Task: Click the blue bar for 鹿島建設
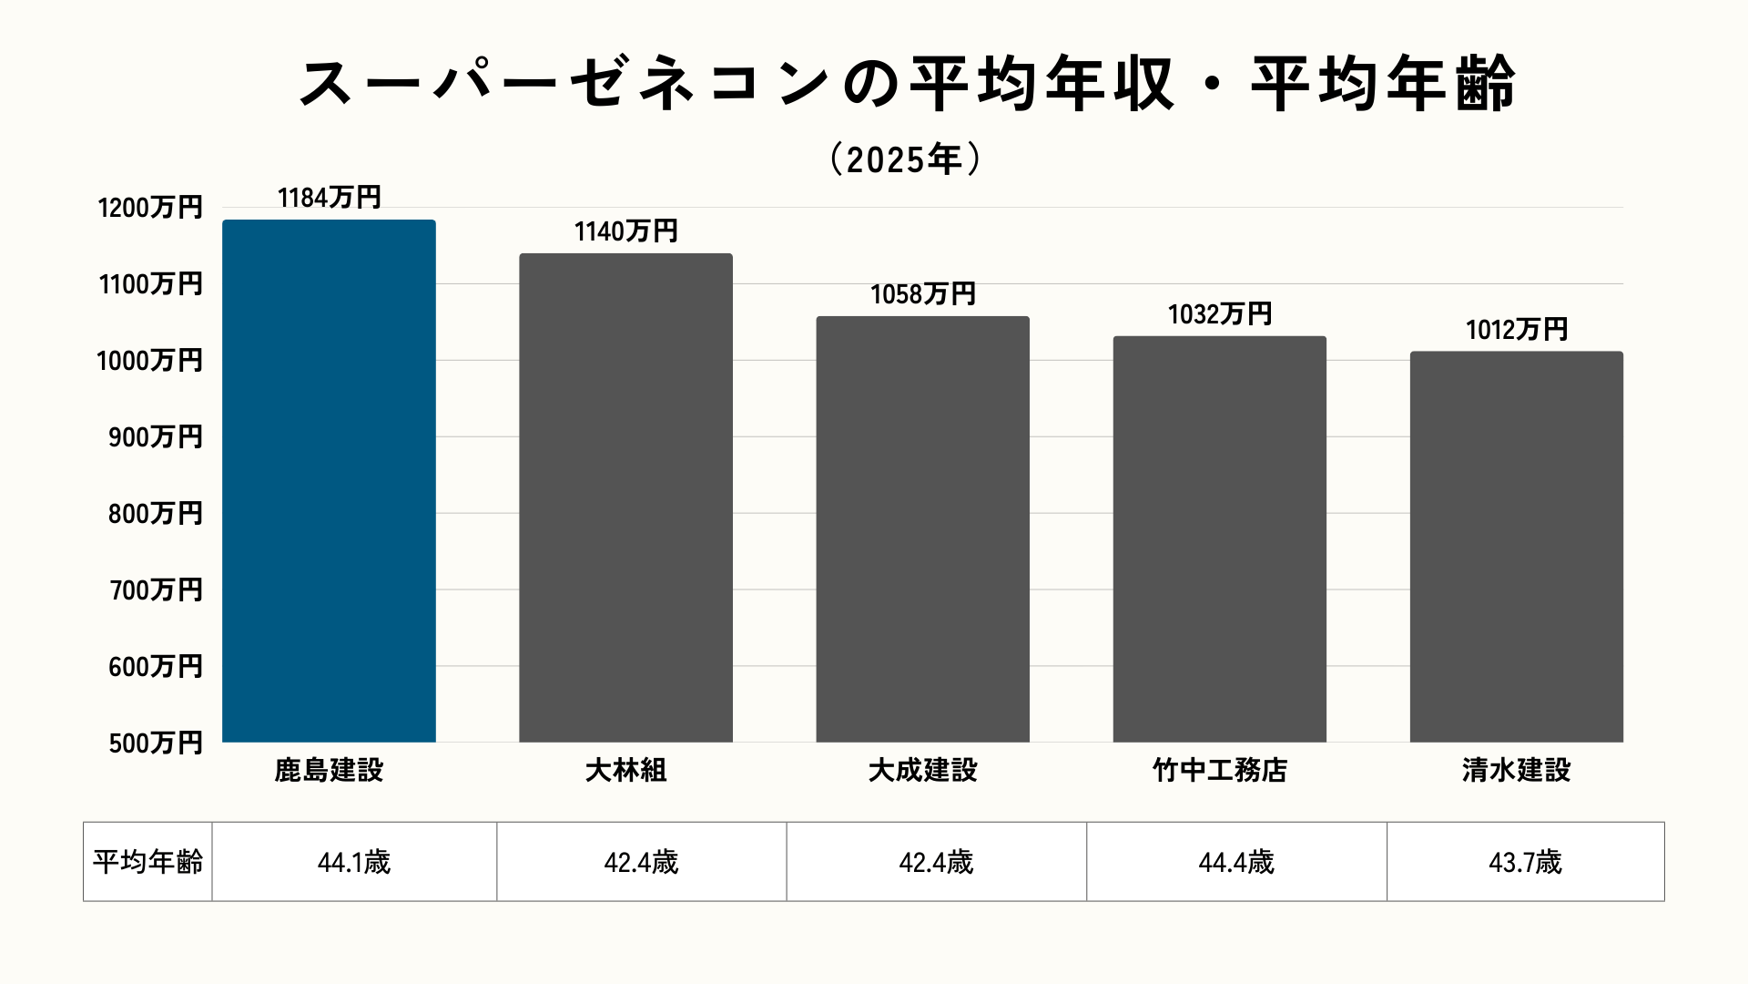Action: [329, 481]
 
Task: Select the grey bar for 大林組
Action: [625, 497]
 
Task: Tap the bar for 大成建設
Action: [922, 529]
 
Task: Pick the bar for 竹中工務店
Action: [1219, 539]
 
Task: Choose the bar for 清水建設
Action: [1516, 547]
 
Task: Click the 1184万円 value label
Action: [329, 198]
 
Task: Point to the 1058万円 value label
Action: [922, 294]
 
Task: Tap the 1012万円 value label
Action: [1516, 330]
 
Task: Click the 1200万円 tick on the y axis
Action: [150, 208]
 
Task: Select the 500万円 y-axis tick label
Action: [156, 743]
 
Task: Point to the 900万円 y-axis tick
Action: [156, 437]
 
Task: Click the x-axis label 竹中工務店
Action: [1219, 771]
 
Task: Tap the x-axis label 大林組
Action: [625, 771]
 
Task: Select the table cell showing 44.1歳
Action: [354, 862]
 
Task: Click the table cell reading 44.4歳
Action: [1236, 862]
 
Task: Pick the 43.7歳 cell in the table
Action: [1525, 862]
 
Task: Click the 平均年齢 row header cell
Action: [147, 862]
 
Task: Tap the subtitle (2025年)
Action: [905, 159]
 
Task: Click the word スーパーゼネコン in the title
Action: [564, 84]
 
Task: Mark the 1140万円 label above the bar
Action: [625, 231]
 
